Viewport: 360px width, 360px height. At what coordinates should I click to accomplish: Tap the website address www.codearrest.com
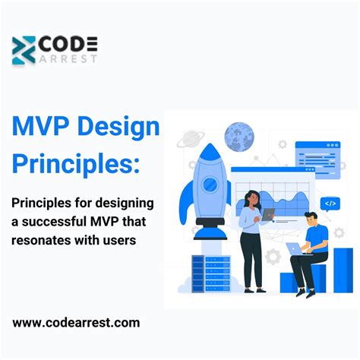pyautogui.click(x=76, y=323)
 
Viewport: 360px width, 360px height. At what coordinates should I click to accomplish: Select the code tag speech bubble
pyautogui.click(x=329, y=204)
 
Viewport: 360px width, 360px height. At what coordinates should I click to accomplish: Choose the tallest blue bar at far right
pyautogui.click(x=343, y=270)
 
